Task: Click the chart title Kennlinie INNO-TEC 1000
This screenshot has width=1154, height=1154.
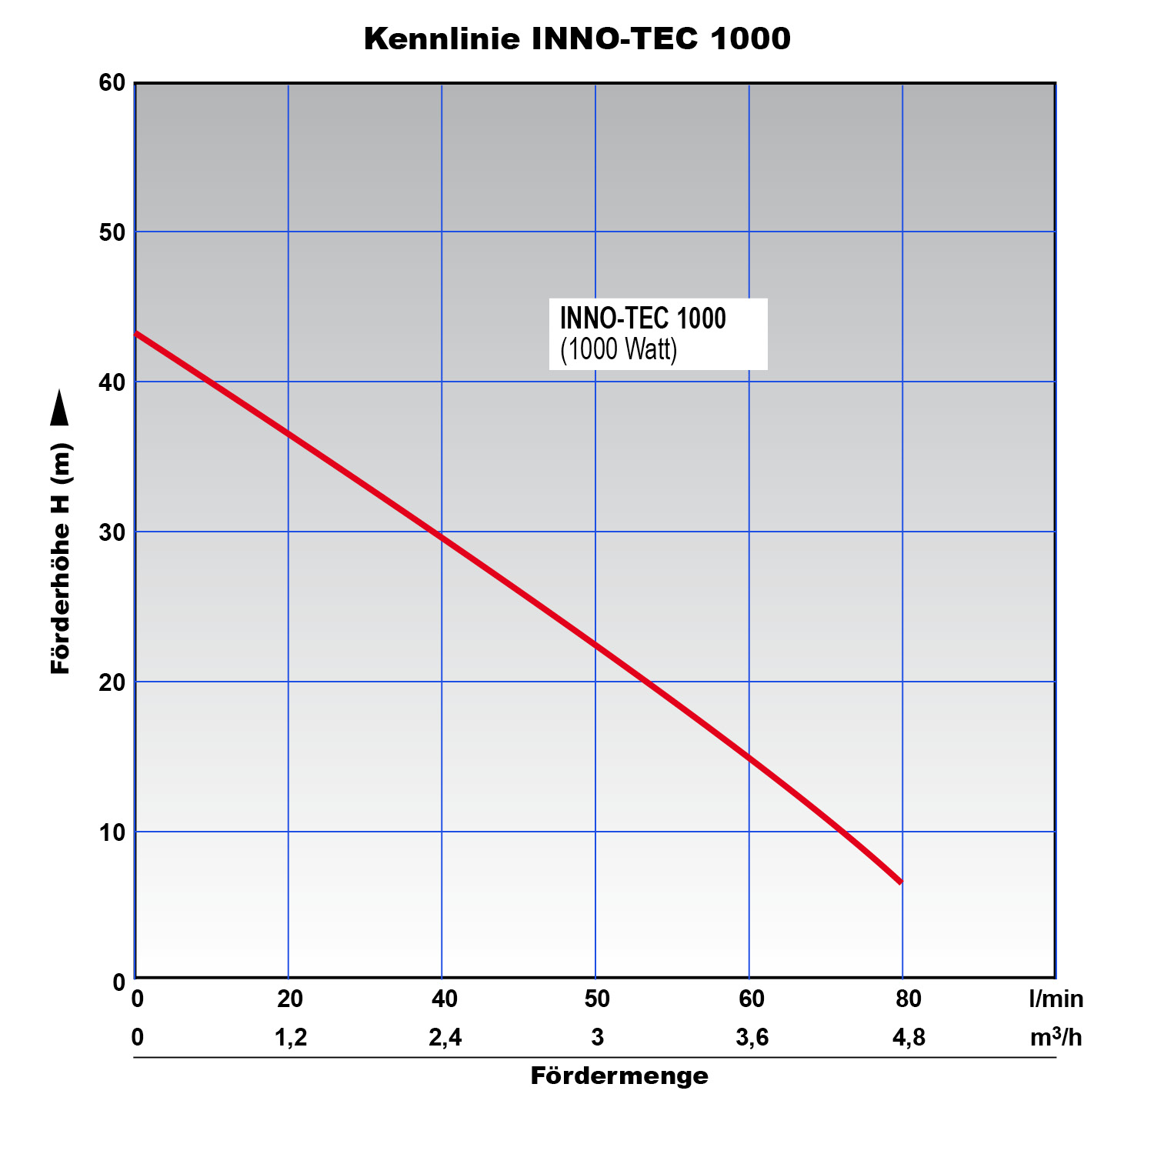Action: tap(577, 38)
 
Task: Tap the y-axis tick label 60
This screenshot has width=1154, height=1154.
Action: tap(112, 83)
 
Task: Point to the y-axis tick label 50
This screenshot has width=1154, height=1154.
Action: tap(112, 232)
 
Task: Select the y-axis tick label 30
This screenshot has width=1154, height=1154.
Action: tap(112, 532)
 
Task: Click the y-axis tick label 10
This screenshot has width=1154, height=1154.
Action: tap(112, 832)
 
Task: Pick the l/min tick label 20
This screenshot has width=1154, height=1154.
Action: tap(290, 999)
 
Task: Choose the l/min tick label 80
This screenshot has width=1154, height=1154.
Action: tap(909, 999)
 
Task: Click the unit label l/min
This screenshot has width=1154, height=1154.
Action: tap(1056, 999)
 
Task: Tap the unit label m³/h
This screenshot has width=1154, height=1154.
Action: tap(1056, 1038)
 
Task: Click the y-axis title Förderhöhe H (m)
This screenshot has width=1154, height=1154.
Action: tap(61, 559)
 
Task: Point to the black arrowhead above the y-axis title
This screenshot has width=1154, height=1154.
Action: tap(59, 409)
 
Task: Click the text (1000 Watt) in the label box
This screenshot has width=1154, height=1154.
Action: tap(619, 350)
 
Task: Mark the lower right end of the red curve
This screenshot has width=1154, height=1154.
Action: tap(899, 881)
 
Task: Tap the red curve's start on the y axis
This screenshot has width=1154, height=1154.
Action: tap(137, 334)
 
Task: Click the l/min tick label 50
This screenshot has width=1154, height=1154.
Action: tap(597, 999)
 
